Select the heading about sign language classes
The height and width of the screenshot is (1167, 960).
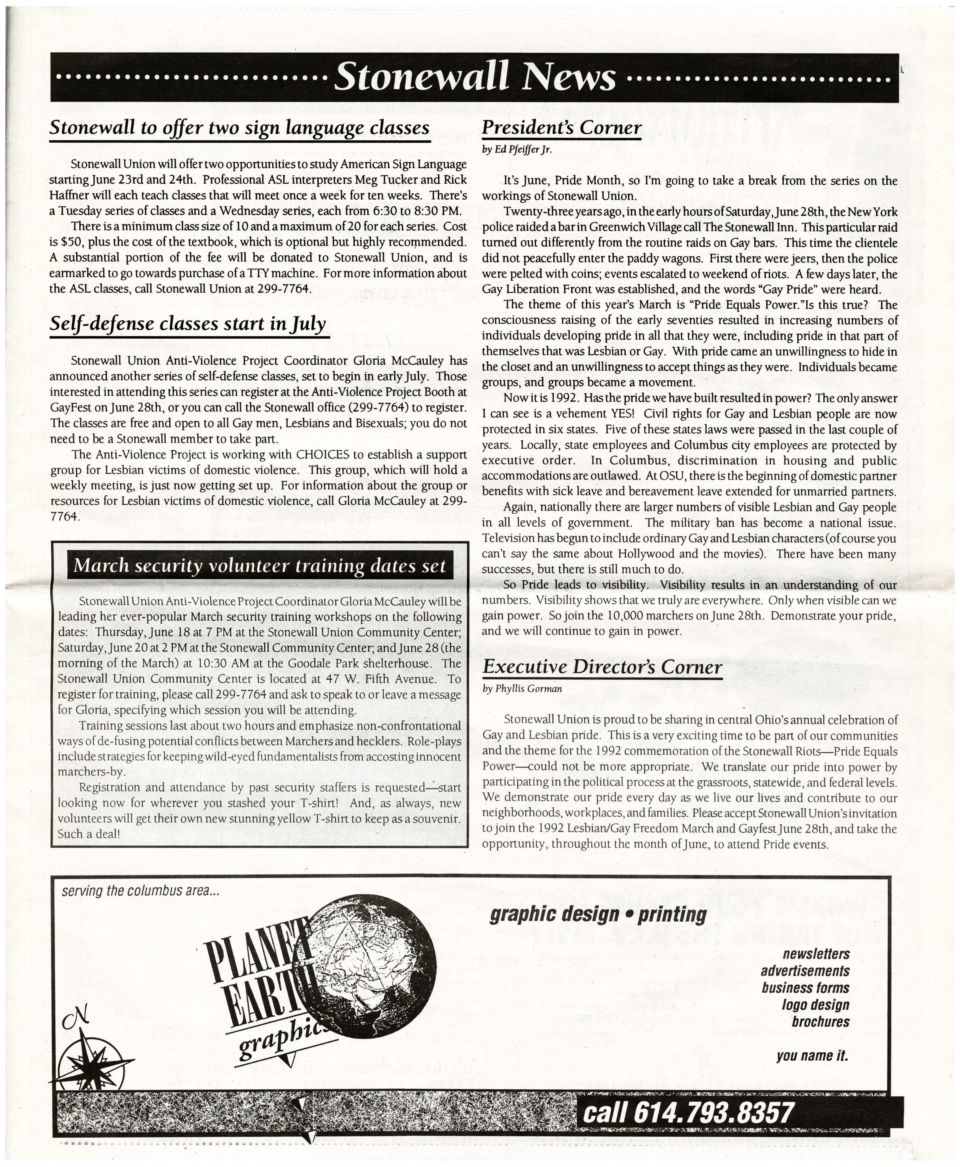(239, 128)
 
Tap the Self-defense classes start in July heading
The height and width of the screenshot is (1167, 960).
(188, 324)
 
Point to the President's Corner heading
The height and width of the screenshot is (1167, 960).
(561, 128)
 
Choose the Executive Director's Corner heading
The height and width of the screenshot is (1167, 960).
(602, 667)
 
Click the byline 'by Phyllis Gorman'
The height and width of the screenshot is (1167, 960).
(522, 689)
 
